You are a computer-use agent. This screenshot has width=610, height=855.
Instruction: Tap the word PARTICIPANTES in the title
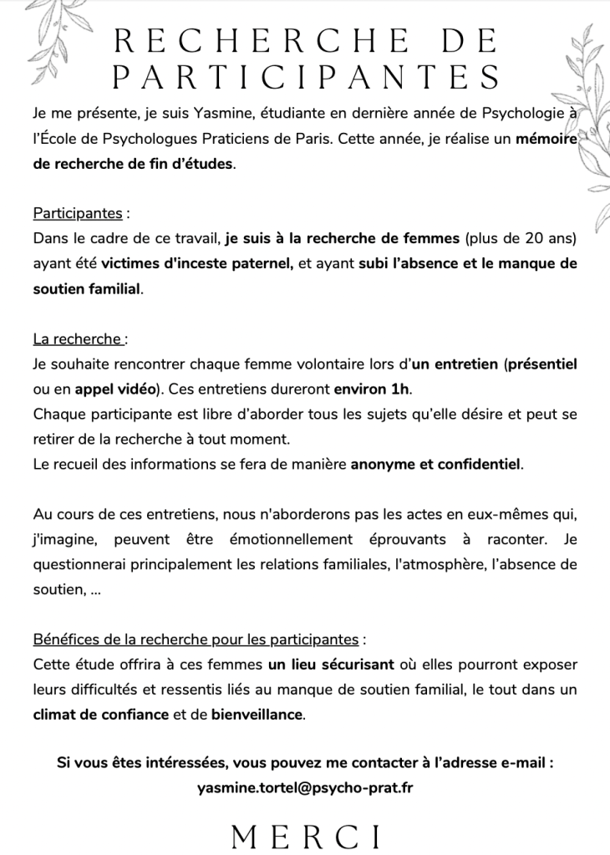306,78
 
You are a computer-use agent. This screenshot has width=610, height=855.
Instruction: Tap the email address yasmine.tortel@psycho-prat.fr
306,786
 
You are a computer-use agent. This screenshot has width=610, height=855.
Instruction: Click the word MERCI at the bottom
306,835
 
